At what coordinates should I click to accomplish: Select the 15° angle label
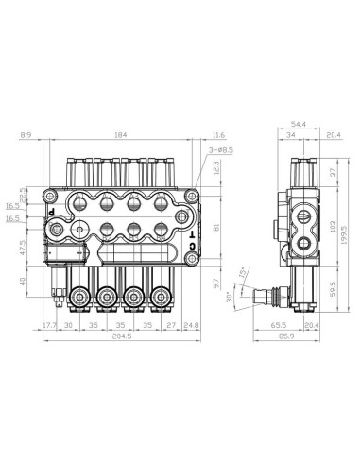coord(241,273)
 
